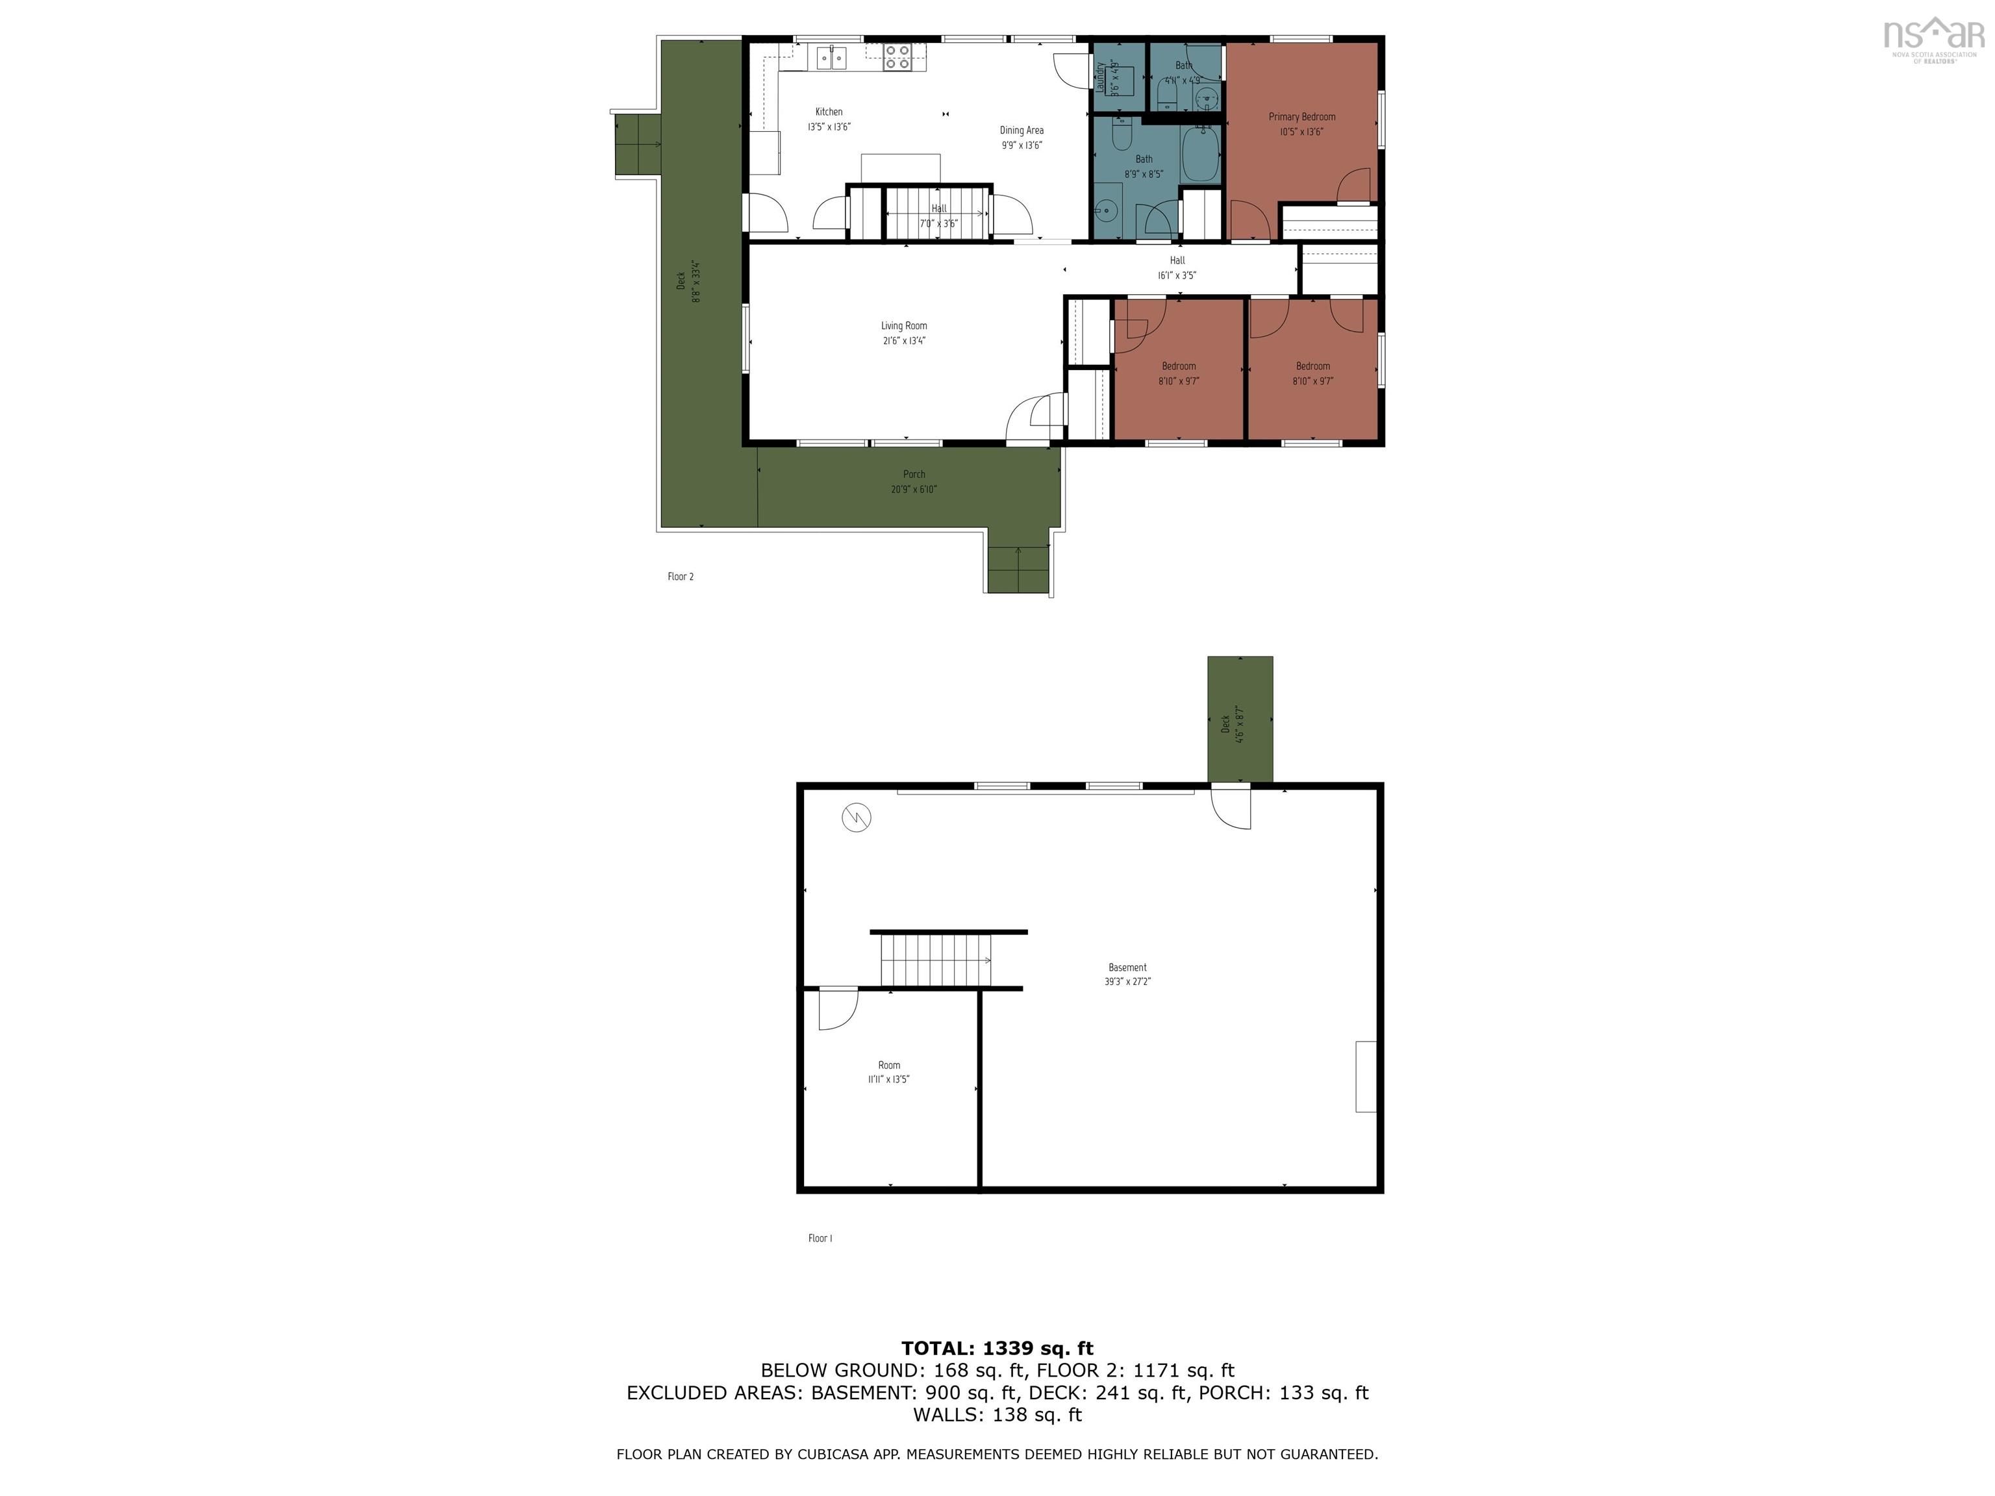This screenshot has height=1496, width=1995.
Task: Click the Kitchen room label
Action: point(829,112)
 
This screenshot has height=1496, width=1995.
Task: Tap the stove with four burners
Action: point(896,56)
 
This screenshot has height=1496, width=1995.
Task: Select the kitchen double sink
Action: point(831,58)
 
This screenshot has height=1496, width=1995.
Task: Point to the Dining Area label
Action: point(1021,130)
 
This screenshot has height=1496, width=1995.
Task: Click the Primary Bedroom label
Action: point(1301,116)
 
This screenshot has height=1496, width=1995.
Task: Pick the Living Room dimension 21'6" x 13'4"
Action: point(904,341)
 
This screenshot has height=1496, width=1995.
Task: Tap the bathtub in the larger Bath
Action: point(1200,154)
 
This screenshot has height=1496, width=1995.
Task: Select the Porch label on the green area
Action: point(914,475)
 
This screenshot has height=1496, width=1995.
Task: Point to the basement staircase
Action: point(936,960)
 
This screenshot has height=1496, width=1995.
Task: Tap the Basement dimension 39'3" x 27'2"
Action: point(1127,982)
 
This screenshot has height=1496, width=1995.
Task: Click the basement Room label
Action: point(888,1065)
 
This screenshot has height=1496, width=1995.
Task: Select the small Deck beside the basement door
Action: point(1240,719)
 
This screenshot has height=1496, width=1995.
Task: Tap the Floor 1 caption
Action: point(820,1238)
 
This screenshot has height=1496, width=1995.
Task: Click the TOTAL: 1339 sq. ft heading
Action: point(997,1348)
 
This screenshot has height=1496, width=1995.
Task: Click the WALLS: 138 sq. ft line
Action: point(997,1414)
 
